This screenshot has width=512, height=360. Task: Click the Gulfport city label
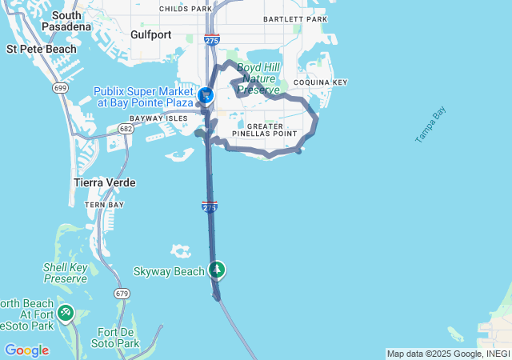point(151,34)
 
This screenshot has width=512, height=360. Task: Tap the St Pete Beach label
point(42,49)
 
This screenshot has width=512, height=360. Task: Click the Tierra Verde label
point(104,182)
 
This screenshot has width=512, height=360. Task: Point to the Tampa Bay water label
point(430,126)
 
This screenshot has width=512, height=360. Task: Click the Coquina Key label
point(320,82)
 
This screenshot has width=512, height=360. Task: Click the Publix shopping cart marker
point(205,95)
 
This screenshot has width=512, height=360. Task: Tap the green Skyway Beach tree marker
point(216,270)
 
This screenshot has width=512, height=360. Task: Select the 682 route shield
point(125,128)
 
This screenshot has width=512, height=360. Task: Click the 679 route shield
point(122,294)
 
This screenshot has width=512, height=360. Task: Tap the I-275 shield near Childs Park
point(212,39)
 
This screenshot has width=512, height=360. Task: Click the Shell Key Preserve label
point(65,273)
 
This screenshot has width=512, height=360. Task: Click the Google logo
point(26,350)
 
